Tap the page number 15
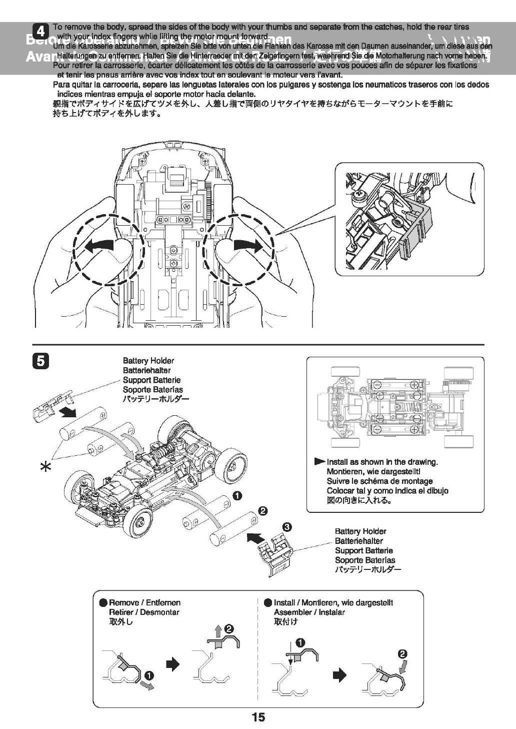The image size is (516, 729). coord(258,717)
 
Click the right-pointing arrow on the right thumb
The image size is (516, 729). coord(248,246)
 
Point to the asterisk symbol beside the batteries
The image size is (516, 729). coord(45,467)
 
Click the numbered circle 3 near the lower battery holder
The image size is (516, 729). coord(287,526)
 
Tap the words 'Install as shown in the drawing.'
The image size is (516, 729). coord(382,462)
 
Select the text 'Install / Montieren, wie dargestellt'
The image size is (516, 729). coord(333,602)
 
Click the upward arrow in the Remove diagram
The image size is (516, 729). coord(218,631)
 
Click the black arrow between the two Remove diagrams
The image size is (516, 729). coord(172,664)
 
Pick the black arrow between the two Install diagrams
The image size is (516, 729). coord(339,675)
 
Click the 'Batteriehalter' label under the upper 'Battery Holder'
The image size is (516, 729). coord(146,370)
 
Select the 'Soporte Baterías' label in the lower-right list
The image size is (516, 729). coord(364,560)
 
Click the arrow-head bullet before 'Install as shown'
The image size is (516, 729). coord(319,461)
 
